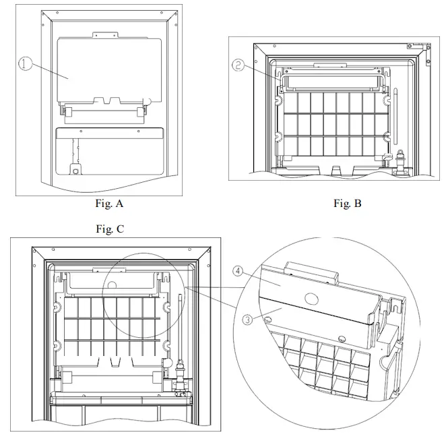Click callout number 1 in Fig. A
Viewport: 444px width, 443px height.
26,65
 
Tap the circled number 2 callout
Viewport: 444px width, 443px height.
238,65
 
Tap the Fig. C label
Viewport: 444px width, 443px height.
110,229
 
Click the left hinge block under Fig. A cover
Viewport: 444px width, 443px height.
67,110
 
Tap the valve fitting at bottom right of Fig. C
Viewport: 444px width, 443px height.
180,378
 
